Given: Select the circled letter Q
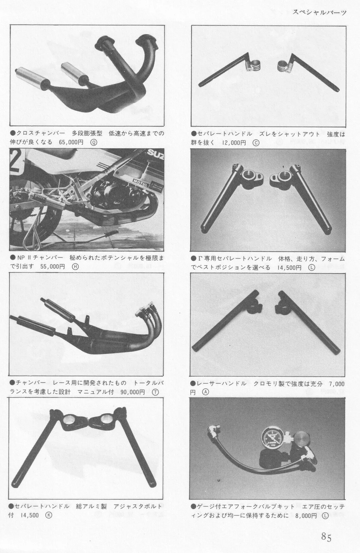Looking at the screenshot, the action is (94, 142).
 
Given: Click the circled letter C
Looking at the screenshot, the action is (256, 142).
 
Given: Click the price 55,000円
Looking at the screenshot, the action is (53, 266).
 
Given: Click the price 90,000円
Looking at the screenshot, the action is (133, 392).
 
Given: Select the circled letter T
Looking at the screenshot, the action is (156, 392).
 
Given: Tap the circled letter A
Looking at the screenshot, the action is (206, 392).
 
